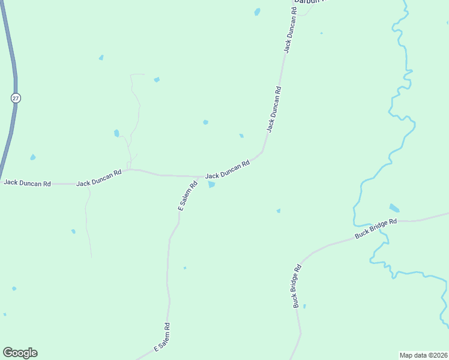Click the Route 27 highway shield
(x=16, y=97)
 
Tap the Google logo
(x=20, y=353)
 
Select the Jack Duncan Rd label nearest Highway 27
(x=27, y=182)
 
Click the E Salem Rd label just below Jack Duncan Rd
(x=188, y=196)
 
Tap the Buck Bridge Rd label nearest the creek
(x=376, y=229)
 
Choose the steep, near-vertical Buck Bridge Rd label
(x=297, y=286)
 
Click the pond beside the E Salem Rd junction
(x=211, y=185)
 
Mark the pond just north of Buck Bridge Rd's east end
(x=394, y=208)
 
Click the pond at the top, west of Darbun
(x=258, y=11)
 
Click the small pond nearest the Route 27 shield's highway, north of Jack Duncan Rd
(x=33, y=157)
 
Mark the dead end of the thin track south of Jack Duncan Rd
(x=92, y=257)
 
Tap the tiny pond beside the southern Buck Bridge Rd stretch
(x=304, y=307)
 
